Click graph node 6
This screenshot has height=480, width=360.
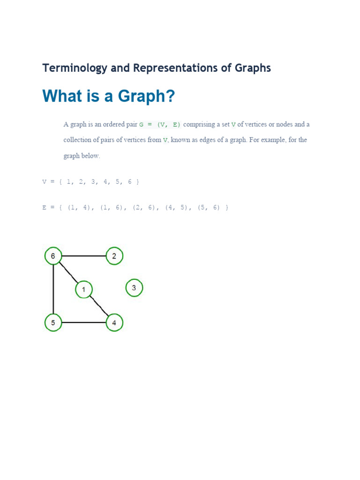53,256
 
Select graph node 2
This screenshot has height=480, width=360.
114,256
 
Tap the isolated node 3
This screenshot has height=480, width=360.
134,288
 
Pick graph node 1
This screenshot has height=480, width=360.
83,290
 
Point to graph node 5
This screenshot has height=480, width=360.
53,322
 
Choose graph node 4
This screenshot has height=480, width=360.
114,322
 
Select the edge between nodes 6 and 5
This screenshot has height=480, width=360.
53,289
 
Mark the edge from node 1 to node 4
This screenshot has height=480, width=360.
99,307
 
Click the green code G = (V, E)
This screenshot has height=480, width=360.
160,125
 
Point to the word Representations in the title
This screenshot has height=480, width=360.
181,68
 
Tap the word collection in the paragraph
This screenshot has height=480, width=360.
79,140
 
